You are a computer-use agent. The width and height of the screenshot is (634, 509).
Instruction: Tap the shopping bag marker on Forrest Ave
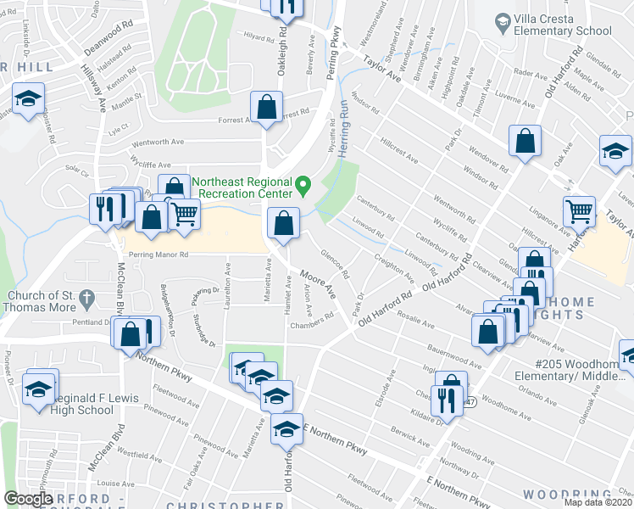tap(266, 108)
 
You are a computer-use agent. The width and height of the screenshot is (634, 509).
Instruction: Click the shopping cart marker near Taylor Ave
tap(579, 210)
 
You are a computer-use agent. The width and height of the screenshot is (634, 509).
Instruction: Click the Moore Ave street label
tap(318, 283)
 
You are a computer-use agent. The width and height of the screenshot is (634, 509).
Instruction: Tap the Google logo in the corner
tap(28, 499)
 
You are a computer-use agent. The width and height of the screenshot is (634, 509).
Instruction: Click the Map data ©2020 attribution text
tap(598, 502)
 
